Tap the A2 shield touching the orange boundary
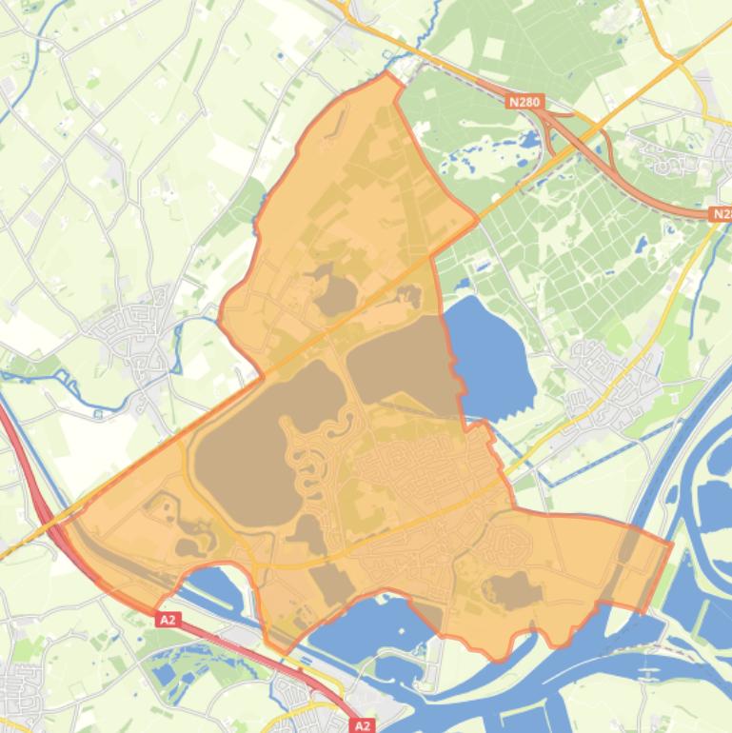click(168, 620)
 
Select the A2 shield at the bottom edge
click(362, 725)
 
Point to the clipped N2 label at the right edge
click(721, 215)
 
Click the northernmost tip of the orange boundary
click(388, 73)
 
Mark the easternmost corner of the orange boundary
click(671, 545)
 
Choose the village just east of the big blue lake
click(609, 381)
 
